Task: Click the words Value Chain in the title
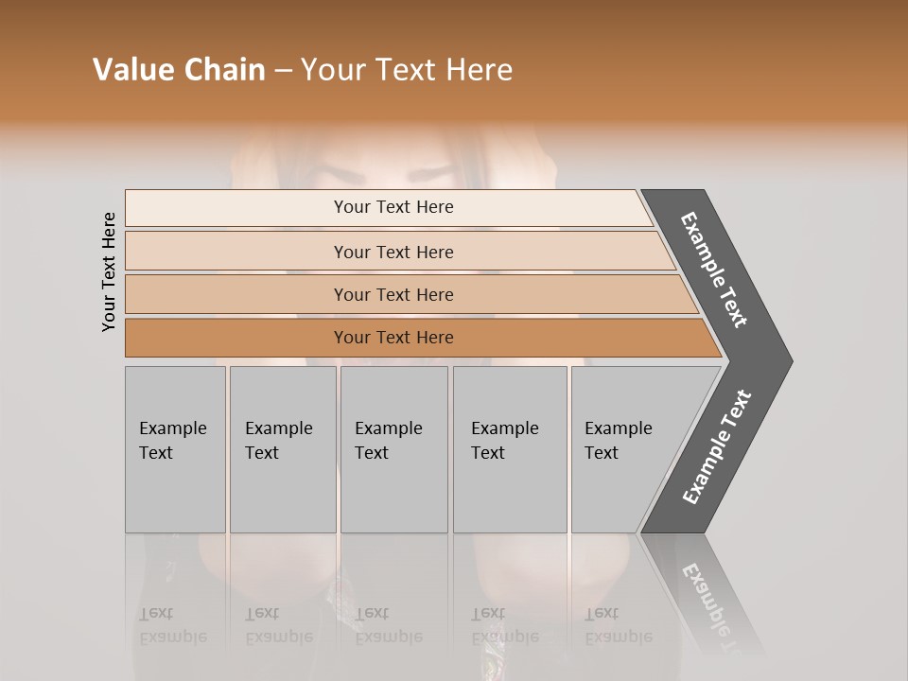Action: [x=179, y=70]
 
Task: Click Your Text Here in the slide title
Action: [x=407, y=70]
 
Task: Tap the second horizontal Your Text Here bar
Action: [x=393, y=252]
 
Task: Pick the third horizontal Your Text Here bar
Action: [x=393, y=294]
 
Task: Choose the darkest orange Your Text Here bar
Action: [x=393, y=338]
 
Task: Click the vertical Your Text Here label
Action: [x=109, y=271]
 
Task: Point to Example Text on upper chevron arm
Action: [x=715, y=270]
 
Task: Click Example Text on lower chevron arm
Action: [x=717, y=446]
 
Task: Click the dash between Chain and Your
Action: [x=283, y=70]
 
